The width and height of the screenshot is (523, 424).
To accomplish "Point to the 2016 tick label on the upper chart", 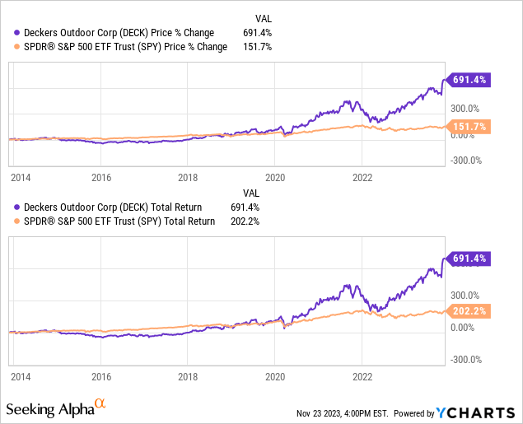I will coord(101,177).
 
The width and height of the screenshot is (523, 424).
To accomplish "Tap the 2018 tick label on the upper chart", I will coord(189,177).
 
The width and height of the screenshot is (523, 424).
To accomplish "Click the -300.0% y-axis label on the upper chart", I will coord(465,161).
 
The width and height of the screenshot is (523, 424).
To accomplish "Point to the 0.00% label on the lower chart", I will coord(464,328).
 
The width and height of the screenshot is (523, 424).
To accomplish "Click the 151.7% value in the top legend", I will coord(258,47).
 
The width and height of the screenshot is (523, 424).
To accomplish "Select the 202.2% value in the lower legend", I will coord(258,221).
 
